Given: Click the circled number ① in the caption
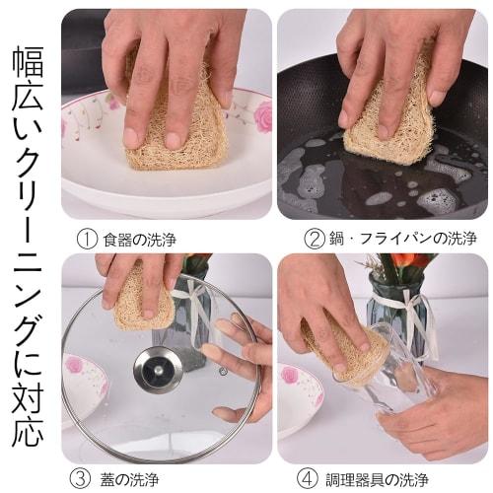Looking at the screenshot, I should coord(88,239).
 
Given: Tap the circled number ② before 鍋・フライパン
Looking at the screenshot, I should coord(315,239).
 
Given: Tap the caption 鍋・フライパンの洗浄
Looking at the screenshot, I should coord(402,239).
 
